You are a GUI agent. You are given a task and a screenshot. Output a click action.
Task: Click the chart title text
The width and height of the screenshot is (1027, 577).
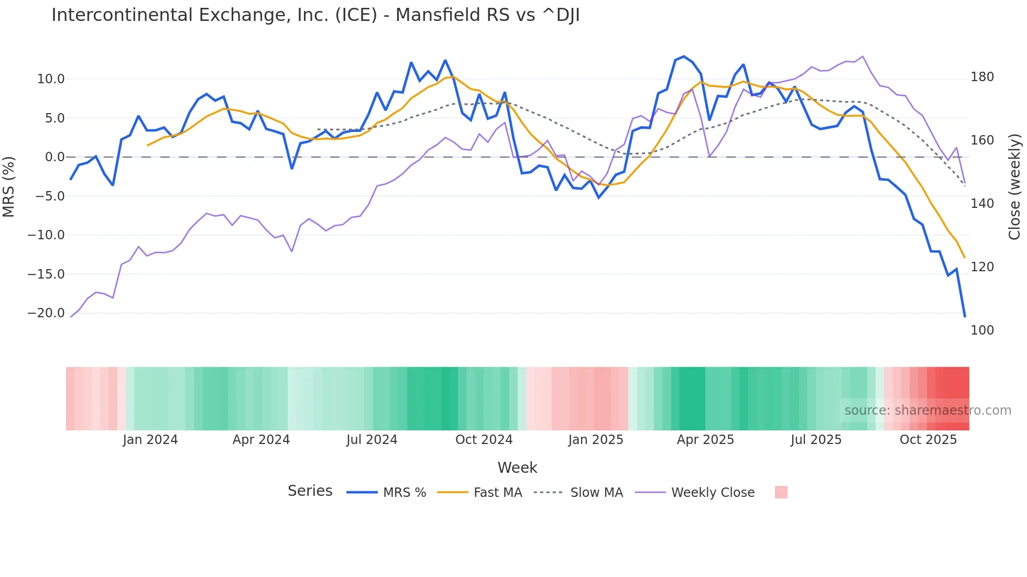pyautogui.click(x=315, y=15)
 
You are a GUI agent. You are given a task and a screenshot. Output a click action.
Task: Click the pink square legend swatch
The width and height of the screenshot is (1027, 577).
pyautogui.click(x=781, y=492)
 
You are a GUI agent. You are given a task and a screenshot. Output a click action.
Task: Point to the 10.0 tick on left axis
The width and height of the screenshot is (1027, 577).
pyautogui.click(x=51, y=79)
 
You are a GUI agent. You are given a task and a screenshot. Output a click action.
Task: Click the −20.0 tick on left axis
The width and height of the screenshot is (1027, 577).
pyautogui.click(x=46, y=313)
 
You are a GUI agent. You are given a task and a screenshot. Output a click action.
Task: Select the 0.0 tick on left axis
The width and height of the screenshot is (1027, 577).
pyautogui.click(x=54, y=157)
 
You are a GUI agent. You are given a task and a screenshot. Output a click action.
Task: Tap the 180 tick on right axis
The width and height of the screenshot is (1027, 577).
pyautogui.click(x=982, y=77)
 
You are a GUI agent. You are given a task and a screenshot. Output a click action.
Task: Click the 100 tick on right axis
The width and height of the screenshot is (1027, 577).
pyautogui.click(x=982, y=330)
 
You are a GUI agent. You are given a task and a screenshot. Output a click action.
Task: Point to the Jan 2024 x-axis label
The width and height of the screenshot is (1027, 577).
pyautogui.click(x=150, y=440)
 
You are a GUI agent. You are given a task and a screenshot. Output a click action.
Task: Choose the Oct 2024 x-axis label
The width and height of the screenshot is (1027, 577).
pyautogui.click(x=484, y=440)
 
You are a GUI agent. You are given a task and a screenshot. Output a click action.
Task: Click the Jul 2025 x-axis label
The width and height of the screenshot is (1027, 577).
pyautogui.click(x=816, y=440)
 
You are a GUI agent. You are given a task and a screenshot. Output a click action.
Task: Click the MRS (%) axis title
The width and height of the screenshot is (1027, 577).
pyautogui.click(x=9, y=187)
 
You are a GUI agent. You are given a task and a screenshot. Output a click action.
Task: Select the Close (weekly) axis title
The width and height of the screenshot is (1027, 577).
pyautogui.click(x=1014, y=187)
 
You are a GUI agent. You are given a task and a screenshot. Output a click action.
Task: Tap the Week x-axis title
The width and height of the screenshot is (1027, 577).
pyautogui.click(x=517, y=468)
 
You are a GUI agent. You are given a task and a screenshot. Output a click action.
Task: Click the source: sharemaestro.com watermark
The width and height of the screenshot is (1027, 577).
pyautogui.click(x=927, y=410)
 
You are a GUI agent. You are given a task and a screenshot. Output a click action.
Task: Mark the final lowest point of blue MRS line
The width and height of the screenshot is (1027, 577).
pyautogui.click(x=965, y=316)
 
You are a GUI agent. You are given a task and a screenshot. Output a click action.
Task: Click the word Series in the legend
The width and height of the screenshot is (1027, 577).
pyautogui.click(x=310, y=491)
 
